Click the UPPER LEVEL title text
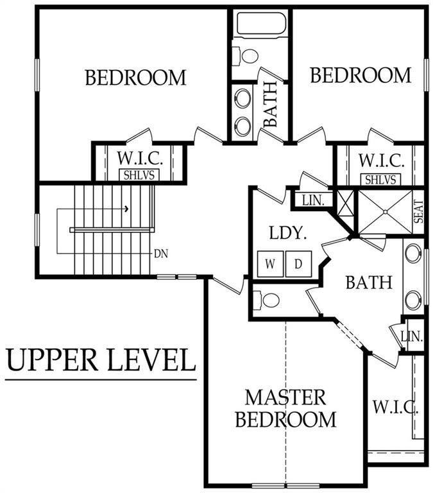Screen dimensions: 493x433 [x=101, y=360]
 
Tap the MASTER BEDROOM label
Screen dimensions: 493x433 [x=285, y=408]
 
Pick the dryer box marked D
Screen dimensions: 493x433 [x=298, y=263]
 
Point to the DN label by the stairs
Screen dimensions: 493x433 [x=161, y=253]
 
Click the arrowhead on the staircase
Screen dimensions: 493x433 [x=127, y=209]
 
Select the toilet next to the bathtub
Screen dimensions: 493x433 [x=246, y=55]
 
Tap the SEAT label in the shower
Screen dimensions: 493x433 [x=418, y=212]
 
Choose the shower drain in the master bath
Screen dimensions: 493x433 [x=382, y=213]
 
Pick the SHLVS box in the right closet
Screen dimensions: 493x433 [x=381, y=180]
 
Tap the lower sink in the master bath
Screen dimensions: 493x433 [x=413, y=298]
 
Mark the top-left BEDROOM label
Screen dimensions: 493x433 [x=135, y=78]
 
